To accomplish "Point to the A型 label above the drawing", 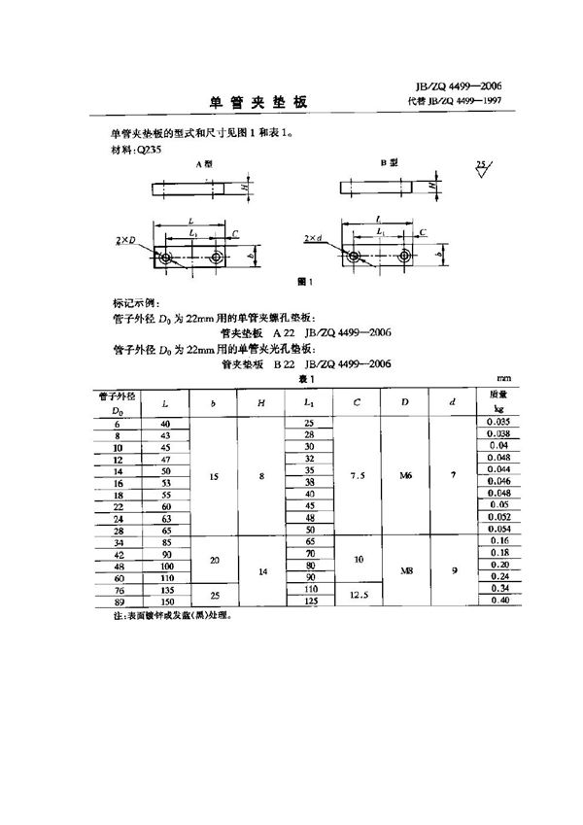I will [204, 166].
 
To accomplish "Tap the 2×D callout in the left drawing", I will [127, 238].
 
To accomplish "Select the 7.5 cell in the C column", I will [359, 476].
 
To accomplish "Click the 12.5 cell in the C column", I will [359, 595].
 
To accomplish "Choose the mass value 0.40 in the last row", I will [497, 602].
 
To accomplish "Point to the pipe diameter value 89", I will [118, 602].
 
